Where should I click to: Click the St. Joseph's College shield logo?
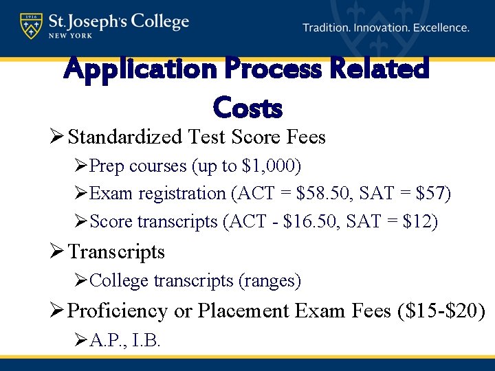pos(30,25)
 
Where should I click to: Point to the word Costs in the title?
pos(247,107)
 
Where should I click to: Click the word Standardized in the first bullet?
pos(128,137)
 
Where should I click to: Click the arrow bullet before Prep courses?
pos(81,167)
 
